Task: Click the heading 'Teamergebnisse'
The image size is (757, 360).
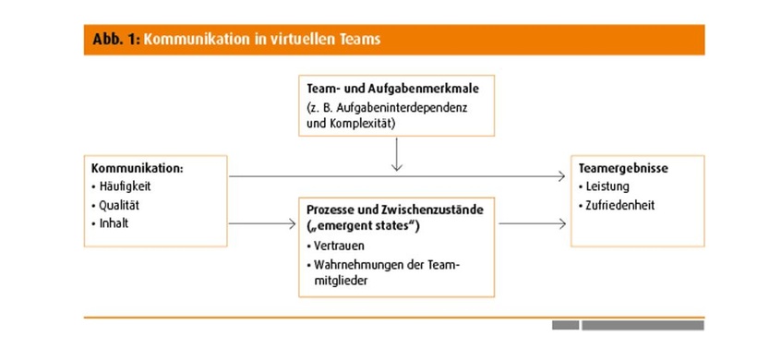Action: point(622,169)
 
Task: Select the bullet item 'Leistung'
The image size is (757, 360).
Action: point(609,187)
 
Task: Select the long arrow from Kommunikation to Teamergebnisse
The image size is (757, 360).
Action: point(397,175)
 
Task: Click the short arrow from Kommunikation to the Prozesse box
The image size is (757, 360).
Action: point(262,223)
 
